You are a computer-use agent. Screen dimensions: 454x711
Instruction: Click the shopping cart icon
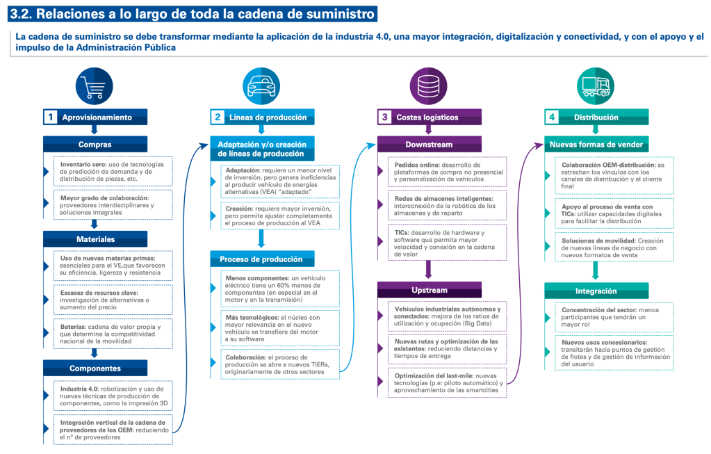95,85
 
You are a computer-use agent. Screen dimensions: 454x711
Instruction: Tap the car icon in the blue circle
262,85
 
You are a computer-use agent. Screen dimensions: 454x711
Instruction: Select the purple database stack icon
429,85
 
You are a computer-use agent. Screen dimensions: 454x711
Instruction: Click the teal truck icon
596,85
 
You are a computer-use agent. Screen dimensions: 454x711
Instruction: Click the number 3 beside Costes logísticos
384,117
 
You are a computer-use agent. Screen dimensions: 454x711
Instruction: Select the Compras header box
95,145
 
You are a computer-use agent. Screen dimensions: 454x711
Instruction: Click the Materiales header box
95,239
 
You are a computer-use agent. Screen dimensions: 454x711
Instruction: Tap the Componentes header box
95,368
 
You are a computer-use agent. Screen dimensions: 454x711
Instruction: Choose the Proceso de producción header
261,259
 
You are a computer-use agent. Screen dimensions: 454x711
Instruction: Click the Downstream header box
429,145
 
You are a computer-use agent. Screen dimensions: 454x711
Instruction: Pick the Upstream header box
429,289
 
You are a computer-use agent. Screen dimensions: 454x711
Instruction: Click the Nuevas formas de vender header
596,145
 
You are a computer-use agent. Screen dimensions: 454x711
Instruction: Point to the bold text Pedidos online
417,164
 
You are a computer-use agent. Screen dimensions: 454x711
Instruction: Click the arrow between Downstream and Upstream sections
429,268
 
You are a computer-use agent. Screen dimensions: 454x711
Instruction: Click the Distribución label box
596,117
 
